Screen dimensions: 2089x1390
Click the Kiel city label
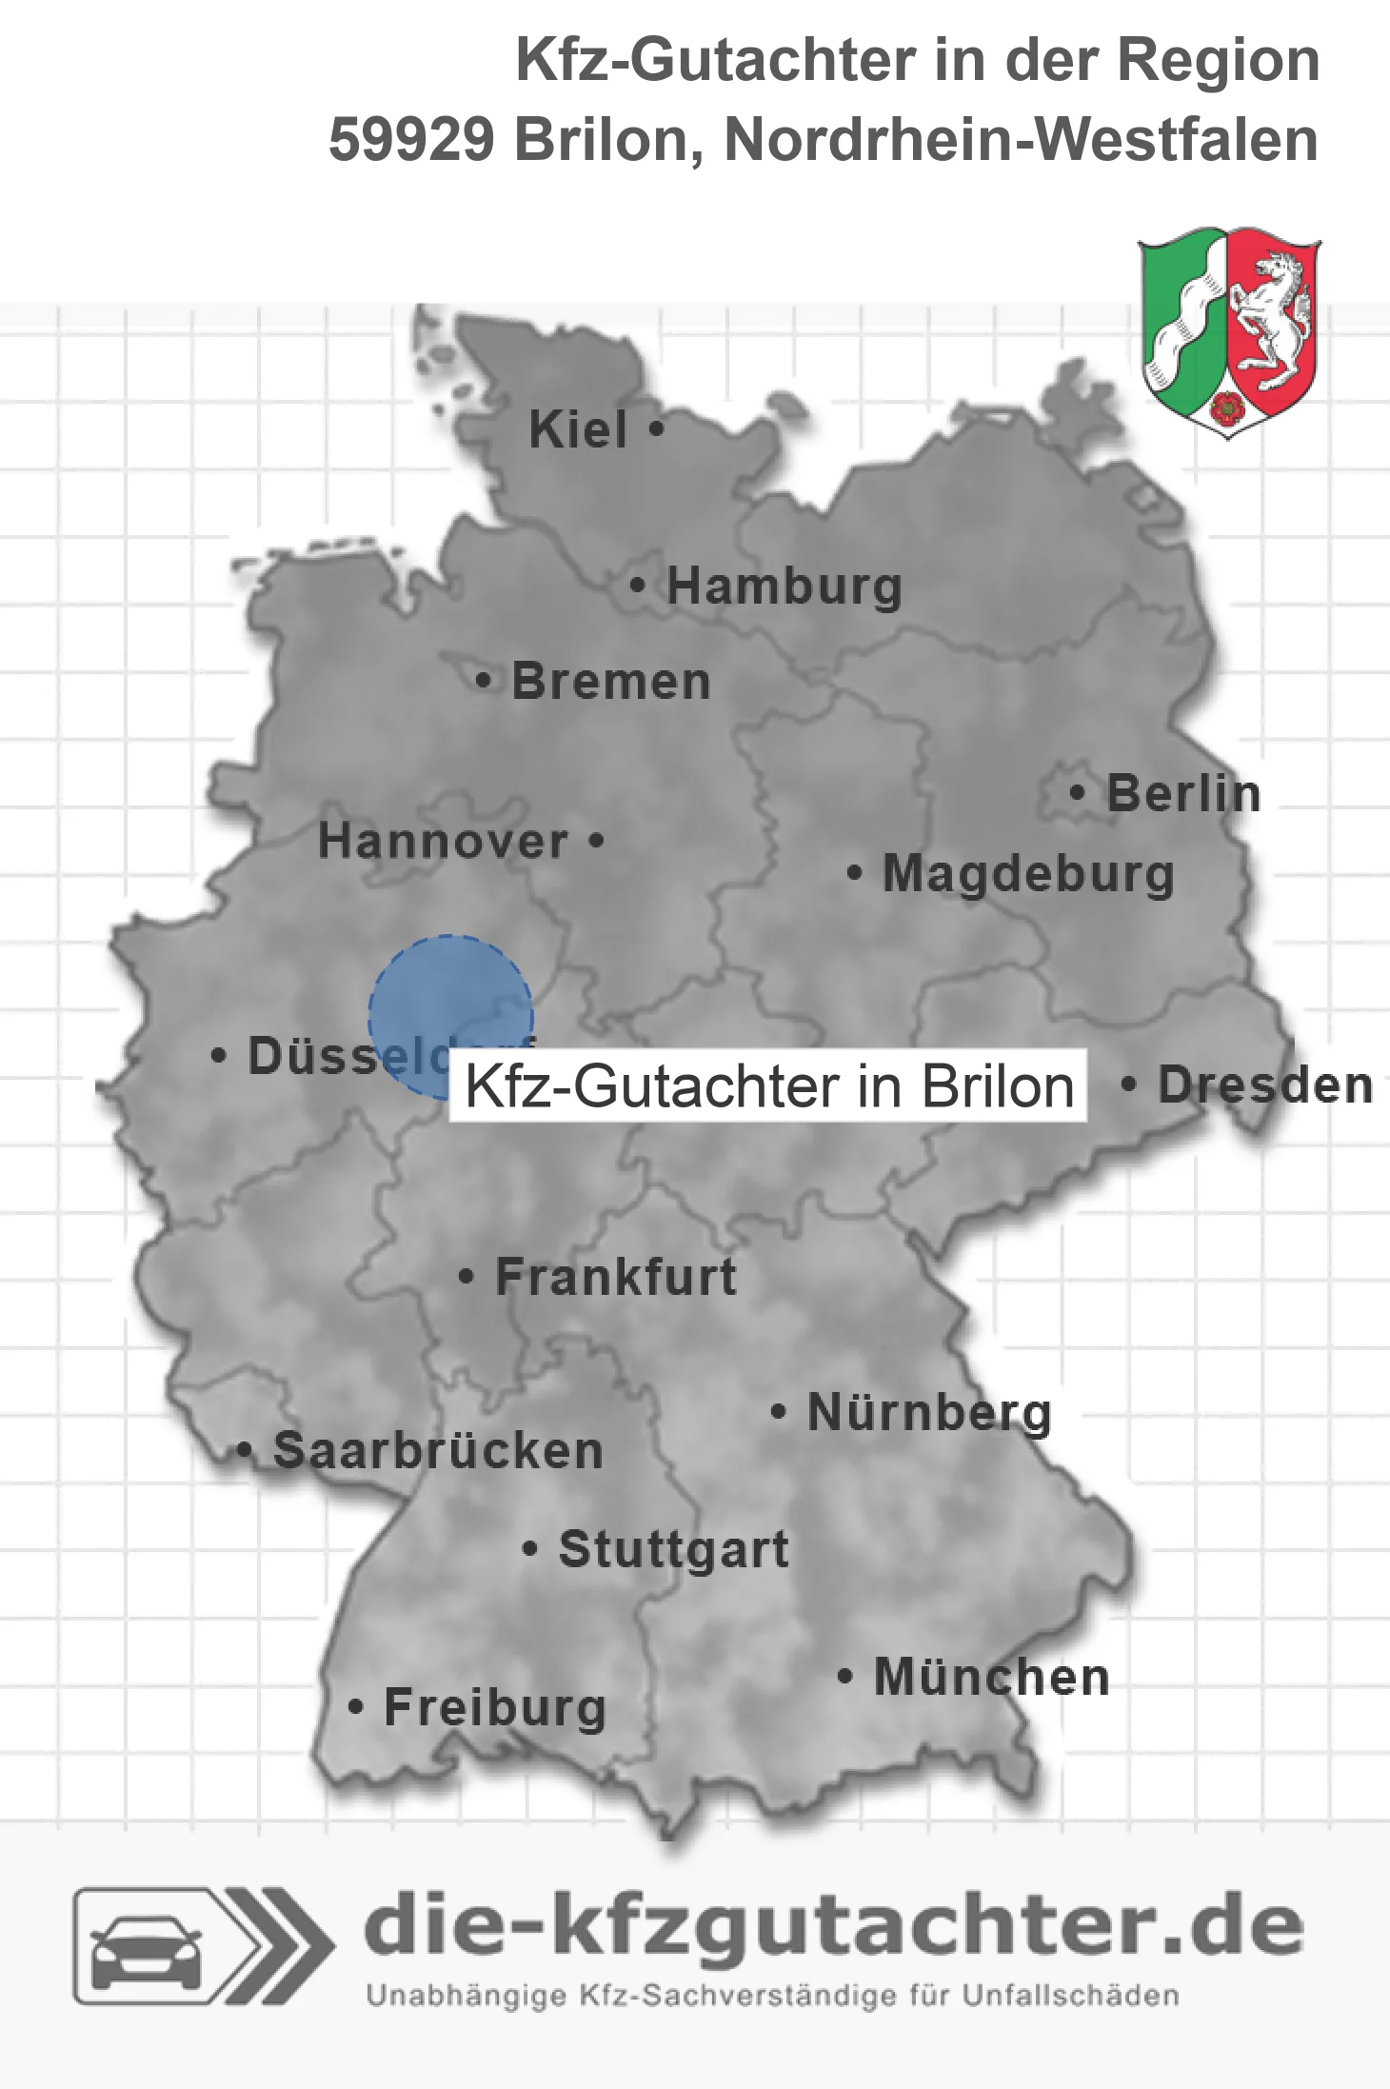(578, 429)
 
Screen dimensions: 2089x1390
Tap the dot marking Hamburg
(638, 586)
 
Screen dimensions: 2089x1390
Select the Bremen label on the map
(611, 682)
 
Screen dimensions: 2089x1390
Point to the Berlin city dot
(1078, 792)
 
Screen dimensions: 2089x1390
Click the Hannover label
(443, 842)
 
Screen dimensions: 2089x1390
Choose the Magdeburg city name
(1028, 873)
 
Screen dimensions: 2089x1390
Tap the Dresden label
(1265, 1084)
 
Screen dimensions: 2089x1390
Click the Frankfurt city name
(616, 1277)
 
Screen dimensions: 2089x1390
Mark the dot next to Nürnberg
(779, 1411)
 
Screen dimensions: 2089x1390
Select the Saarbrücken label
(438, 1451)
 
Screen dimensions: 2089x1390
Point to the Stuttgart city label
(673, 1549)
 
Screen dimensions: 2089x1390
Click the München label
(991, 1677)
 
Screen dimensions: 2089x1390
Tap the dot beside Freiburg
(356, 1707)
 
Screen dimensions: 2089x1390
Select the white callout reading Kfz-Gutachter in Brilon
(767, 1085)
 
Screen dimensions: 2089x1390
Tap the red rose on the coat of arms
(1228, 408)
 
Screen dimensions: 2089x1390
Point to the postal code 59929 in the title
(411, 140)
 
